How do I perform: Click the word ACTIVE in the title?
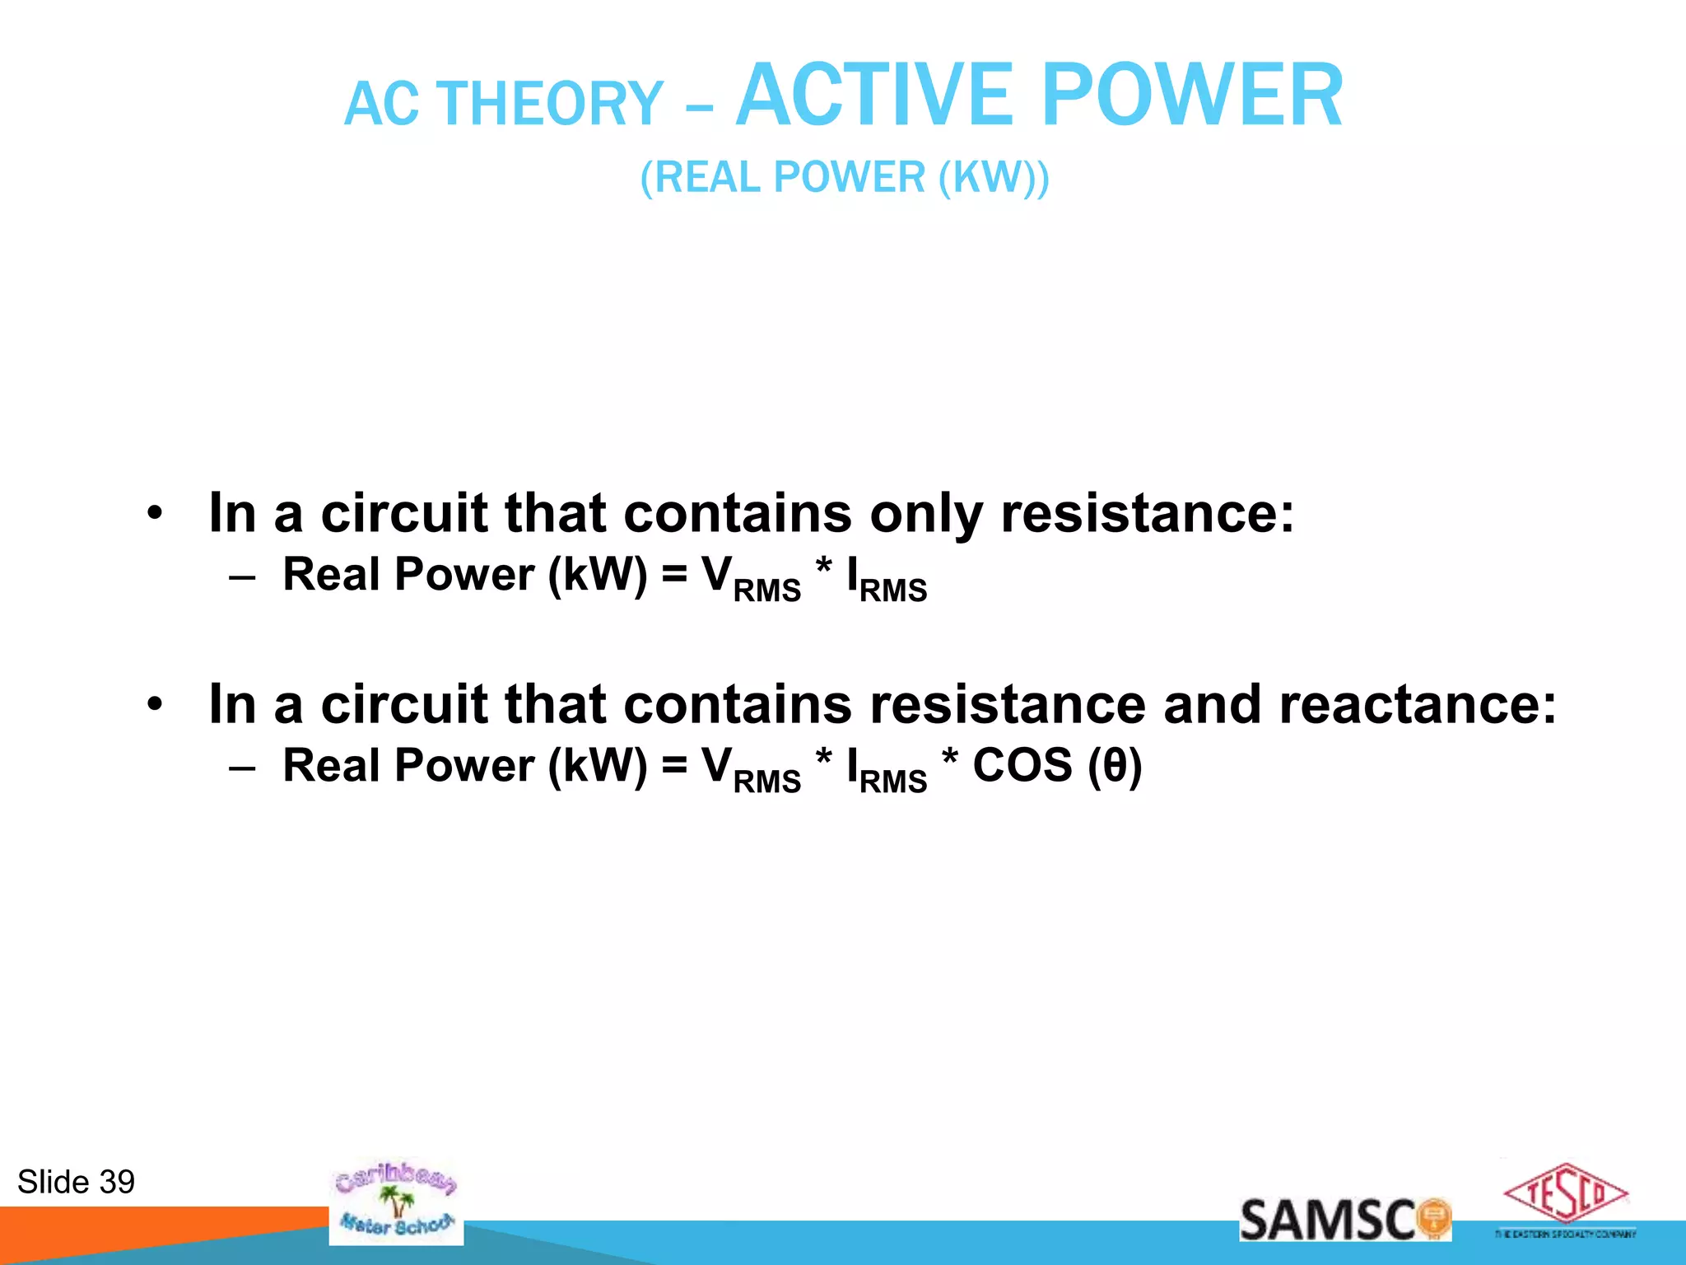click(x=873, y=96)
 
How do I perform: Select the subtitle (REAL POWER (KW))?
click(x=845, y=177)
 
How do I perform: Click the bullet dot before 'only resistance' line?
click(x=155, y=515)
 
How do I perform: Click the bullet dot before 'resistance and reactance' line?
click(x=155, y=706)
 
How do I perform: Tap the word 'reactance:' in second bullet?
click(x=1417, y=705)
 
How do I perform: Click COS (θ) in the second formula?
click(x=1057, y=766)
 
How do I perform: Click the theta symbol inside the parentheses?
click(x=1114, y=767)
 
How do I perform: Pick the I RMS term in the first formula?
click(x=887, y=579)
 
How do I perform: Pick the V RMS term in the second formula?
click(x=750, y=770)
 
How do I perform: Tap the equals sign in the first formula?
click(x=674, y=575)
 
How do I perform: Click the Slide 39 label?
click(x=76, y=1182)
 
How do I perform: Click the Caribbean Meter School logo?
click(x=396, y=1202)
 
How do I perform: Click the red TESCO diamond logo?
click(x=1565, y=1194)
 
